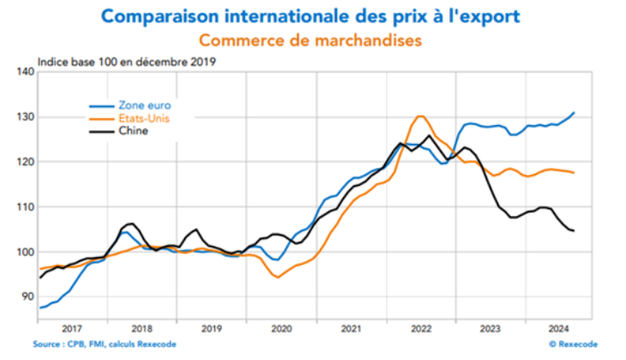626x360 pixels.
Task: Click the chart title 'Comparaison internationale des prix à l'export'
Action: pos(310,15)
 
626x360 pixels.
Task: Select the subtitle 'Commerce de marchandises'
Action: pos(310,39)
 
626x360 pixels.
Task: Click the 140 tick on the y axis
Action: pos(24,72)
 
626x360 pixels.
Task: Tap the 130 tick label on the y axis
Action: pos(24,117)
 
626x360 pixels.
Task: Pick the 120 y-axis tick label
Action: pos(24,162)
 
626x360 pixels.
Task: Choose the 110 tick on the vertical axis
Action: pos(24,207)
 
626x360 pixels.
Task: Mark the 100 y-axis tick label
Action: pos(24,252)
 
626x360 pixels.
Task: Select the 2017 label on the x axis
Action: pos(73,327)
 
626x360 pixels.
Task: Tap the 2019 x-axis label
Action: pos(211,327)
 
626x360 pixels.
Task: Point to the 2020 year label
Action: pos(280,327)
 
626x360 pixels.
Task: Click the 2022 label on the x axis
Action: pos(419,327)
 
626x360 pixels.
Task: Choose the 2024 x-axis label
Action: pos(557,327)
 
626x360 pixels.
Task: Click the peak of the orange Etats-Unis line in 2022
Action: pos(419,116)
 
